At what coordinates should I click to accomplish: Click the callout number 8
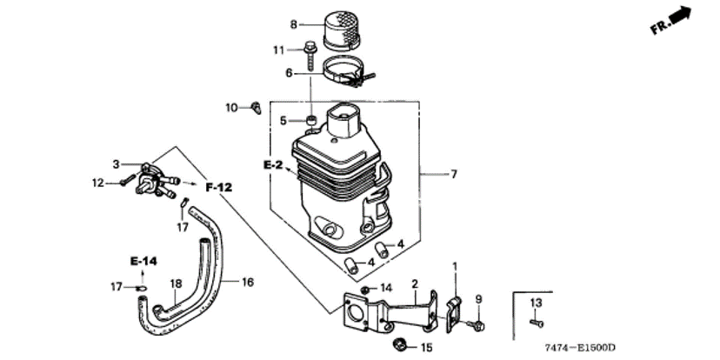pos(294,23)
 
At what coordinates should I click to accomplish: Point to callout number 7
pos(453,175)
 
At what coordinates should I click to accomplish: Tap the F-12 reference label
pos(219,187)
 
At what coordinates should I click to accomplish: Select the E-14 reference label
pos(143,261)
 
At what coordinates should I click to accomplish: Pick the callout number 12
pos(98,183)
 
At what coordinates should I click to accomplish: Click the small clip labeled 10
pos(256,108)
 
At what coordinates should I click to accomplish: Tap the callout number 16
pos(247,282)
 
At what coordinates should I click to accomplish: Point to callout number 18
pos(175,283)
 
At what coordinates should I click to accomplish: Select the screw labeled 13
pos(536,322)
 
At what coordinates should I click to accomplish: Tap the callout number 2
pos(415,283)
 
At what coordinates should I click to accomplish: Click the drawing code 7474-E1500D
pos(580,347)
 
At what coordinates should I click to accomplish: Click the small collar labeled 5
pos(310,119)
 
